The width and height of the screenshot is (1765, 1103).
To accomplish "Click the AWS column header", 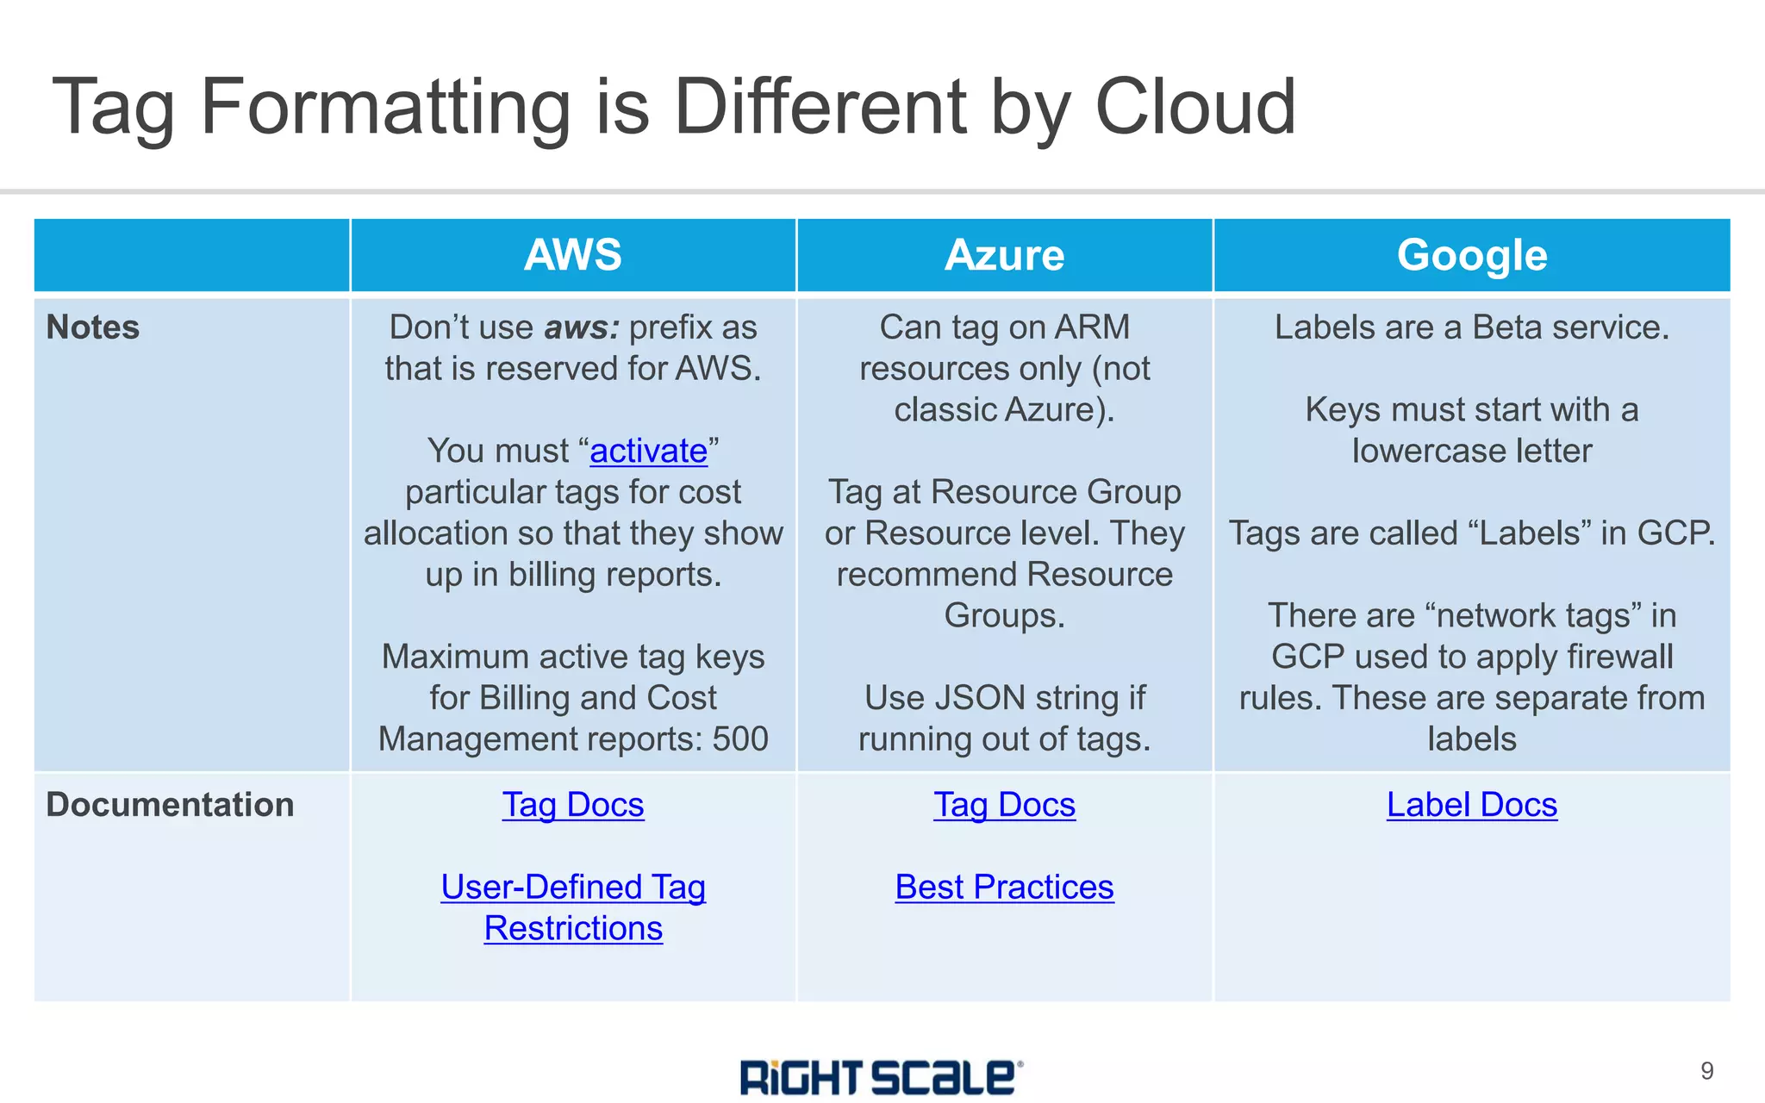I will tap(572, 255).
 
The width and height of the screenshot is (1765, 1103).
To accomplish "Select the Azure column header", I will tap(1004, 255).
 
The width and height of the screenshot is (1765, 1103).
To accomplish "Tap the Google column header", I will tap(1471, 255).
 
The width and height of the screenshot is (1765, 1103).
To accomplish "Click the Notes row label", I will tap(93, 327).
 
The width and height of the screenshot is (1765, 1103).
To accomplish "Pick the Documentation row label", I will tap(170, 804).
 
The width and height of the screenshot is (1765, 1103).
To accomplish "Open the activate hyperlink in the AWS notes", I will tap(648, 451).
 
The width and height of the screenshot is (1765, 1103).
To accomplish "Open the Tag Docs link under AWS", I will tap(572, 805).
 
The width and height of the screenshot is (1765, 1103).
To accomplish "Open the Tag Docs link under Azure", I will tap(1004, 805).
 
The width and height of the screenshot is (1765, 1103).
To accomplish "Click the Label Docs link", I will tap(1471, 805).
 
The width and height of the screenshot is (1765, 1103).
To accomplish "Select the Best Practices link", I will tap(1004, 887).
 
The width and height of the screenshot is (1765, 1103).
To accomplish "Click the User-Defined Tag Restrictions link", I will tap(572, 907).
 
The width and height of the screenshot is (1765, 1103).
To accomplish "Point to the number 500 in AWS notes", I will tap(740, 738).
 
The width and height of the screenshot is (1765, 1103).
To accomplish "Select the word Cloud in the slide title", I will tap(1194, 107).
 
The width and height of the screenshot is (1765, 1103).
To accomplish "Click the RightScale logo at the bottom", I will tap(881, 1077).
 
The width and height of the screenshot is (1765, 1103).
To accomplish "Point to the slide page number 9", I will tap(1706, 1071).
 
